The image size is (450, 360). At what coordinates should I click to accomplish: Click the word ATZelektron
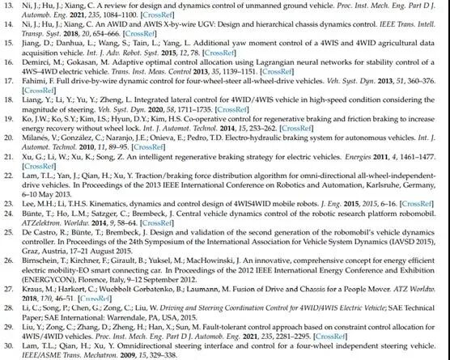pyautogui.click(x=45, y=229)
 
